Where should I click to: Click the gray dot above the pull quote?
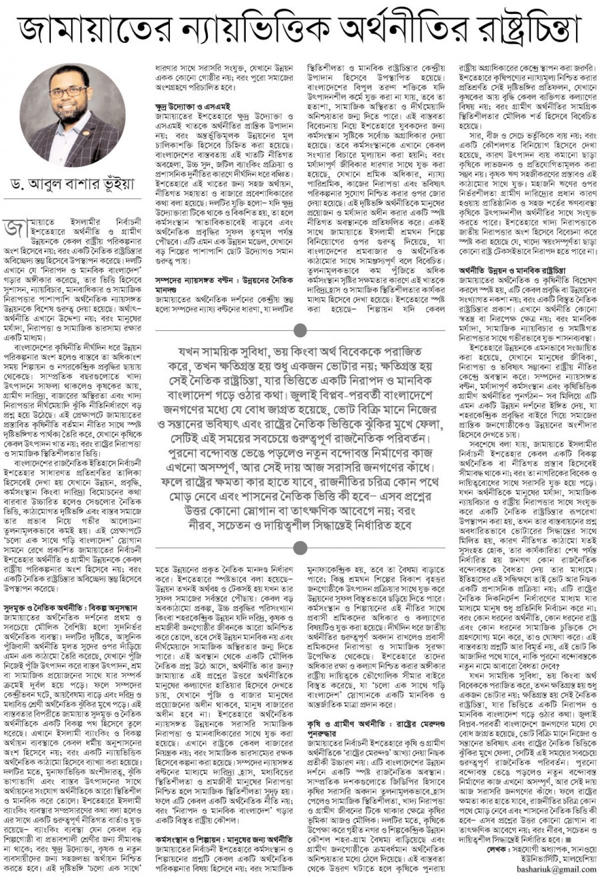(x=300, y=330)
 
